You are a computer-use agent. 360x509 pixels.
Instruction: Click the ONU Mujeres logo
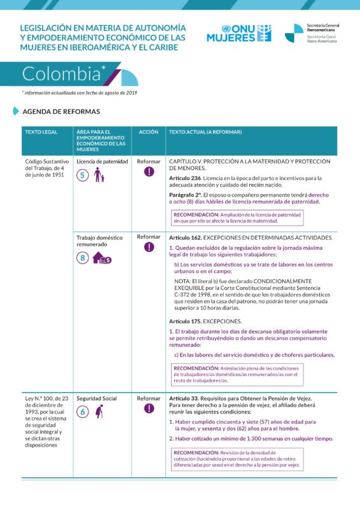click(x=239, y=33)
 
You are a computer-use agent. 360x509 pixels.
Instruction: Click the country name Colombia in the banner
click(x=61, y=74)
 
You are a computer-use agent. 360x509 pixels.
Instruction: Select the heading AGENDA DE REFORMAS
click(x=61, y=111)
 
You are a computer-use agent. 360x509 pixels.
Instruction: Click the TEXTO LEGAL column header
click(x=41, y=132)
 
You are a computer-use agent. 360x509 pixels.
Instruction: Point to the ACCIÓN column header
click(x=148, y=132)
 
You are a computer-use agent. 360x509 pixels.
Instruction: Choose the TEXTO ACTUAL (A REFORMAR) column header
click(x=205, y=132)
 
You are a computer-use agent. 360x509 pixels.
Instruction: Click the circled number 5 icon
click(x=82, y=176)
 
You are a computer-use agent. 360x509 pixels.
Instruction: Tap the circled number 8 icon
click(x=83, y=258)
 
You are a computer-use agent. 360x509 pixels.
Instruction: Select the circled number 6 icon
click(x=82, y=412)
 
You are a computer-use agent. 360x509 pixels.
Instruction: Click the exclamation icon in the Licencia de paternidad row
click(x=149, y=172)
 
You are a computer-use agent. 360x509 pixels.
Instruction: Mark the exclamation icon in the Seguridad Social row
click(x=149, y=409)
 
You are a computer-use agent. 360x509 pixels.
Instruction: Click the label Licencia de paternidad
click(x=102, y=162)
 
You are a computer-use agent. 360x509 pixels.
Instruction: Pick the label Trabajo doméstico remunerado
click(x=99, y=241)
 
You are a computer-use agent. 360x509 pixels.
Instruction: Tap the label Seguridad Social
click(x=97, y=398)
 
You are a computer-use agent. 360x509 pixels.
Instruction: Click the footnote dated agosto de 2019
click(x=80, y=93)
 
